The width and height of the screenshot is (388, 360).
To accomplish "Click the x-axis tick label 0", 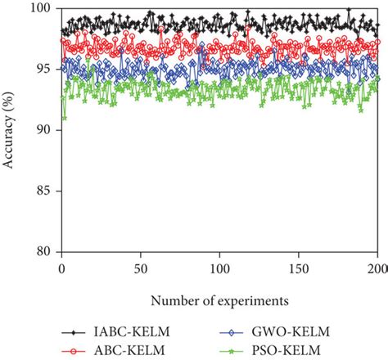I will pos(61,268).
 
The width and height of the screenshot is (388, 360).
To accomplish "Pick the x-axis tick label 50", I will pos(140,268).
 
